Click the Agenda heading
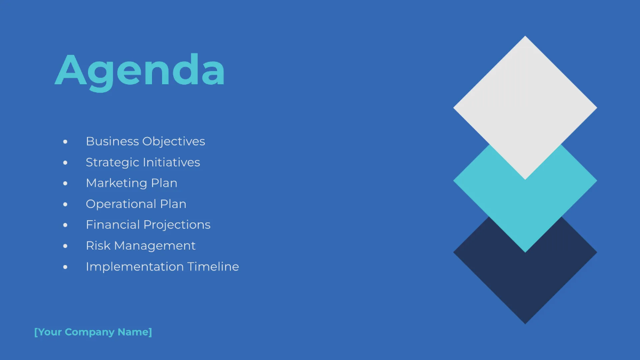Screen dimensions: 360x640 140,70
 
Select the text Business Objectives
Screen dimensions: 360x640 145,141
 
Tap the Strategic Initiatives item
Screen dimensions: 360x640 143,162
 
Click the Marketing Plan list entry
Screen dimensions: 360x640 131,183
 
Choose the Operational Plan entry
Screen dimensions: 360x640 136,204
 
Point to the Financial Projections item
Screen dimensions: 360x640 148,225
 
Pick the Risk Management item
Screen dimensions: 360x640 140,245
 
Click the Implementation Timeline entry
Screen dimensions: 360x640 162,266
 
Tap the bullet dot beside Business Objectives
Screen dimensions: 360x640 66,142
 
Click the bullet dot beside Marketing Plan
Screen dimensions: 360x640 66,183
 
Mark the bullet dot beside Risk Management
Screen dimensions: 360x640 66,246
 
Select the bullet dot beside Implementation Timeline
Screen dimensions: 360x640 66,267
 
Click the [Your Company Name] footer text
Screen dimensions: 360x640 93,332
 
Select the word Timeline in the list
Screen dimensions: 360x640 213,266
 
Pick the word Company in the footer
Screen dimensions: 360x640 90,332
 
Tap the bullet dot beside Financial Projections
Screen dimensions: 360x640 66,225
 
